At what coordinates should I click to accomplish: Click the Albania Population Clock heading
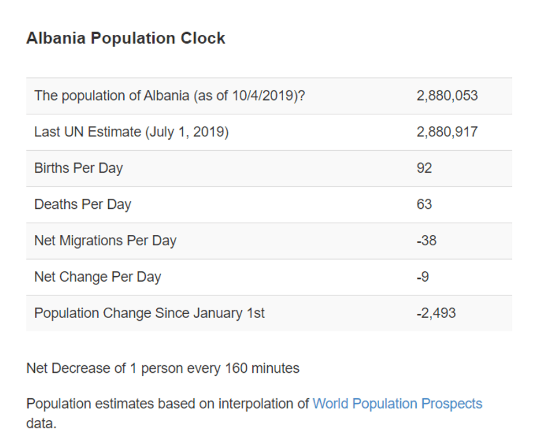(x=126, y=39)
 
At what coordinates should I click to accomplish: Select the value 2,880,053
(x=447, y=96)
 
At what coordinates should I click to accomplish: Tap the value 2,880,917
(x=447, y=132)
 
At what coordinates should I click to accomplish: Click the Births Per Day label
(x=78, y=168)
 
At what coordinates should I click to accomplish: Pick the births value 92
(x=424, y=168)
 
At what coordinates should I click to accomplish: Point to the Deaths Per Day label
(x=83, y=204)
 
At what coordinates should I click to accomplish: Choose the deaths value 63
(x=424, y=204)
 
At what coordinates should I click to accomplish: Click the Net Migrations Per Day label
(x=105, y=241)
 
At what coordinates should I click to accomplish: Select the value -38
(x=426, y=241)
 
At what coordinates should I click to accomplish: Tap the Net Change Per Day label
(x=98, y=277)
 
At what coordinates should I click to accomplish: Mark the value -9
(x=422, y=277)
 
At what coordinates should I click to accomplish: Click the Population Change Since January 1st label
(x=150, y=313)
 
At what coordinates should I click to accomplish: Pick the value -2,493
(x=436, y=313)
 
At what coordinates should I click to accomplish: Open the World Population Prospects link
(x=397, y=404)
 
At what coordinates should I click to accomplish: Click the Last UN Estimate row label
(x=131, y=132)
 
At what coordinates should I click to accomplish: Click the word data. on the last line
(x=41, y=424)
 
